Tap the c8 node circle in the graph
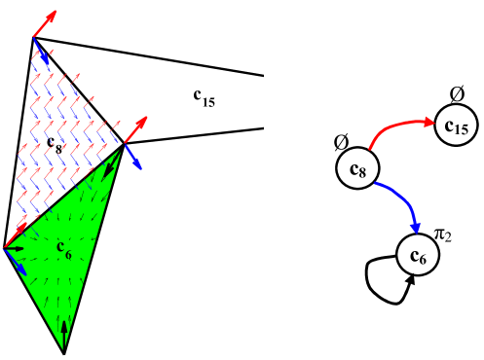pyautogui.click(x=356, y=170)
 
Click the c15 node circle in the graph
pyautogui.click(x=455, y=125)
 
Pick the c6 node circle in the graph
pyautogui.click(x=417, y=254)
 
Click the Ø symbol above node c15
pyautogui.click(x=457, y=94)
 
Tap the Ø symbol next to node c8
pyautogui.click(x=341, y=142)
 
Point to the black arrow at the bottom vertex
pyautogui.click(x=64, y=334)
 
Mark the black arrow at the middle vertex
pyautogui.click(x=114, y=156)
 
